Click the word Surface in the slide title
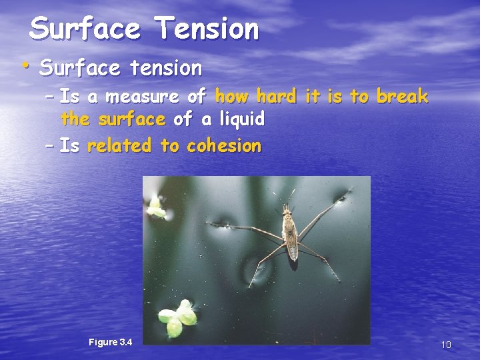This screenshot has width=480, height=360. point(85,29)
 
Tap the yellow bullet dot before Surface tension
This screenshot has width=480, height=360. point(24,65)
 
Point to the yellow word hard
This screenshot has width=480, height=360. point(275,97)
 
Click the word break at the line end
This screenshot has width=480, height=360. point(402,97)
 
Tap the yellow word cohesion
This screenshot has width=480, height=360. point(224,145)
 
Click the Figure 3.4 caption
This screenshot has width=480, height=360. point(111,342)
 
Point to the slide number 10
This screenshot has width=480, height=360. point(446,345)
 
